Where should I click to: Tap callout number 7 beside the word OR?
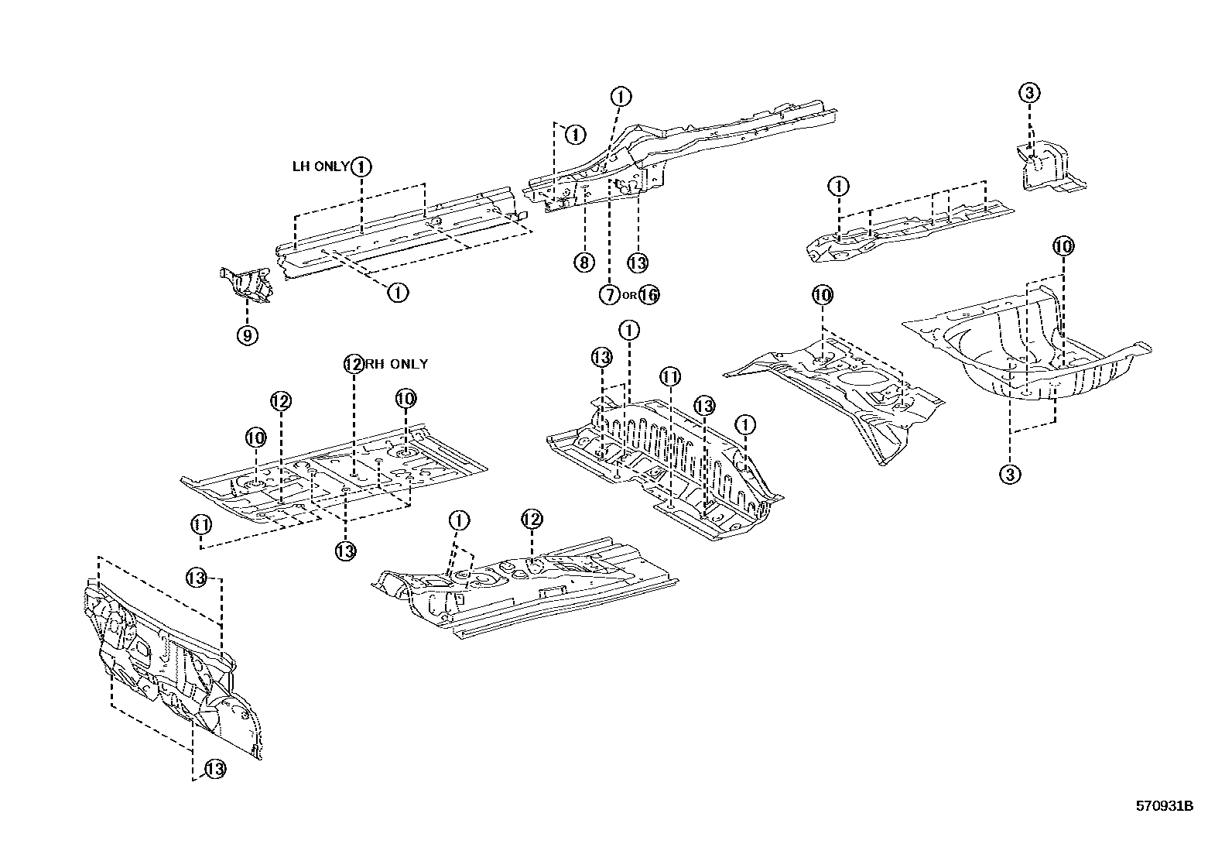(x=609, y=294)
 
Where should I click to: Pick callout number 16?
(x=649, y=294)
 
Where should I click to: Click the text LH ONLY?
(x=320, y=166)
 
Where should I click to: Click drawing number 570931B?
(x=1164, y=806)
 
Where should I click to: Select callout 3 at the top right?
(x=1028, y=94)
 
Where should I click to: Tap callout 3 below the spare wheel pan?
(x=1010, y=474)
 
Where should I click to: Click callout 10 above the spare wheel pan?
(x=1063, y=247)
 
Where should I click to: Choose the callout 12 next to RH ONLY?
(x=354, y=364)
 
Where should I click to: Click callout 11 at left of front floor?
(x=201, y=524)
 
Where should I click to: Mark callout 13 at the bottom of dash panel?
(x=214, y=769)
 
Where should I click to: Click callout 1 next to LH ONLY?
(x=361, y=166)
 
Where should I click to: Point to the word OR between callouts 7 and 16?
(x=629, y=295)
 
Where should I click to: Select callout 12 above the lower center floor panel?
(x=530, y=519)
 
